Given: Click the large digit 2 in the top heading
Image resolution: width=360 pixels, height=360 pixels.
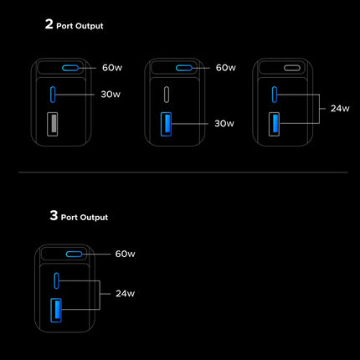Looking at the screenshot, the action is point(49,23).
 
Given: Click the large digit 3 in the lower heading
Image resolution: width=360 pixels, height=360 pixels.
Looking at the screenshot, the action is point(54,215).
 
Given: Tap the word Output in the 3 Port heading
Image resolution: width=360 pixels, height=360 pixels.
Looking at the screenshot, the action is point(92,218).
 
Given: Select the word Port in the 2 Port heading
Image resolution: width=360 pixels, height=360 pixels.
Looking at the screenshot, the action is point(64,26).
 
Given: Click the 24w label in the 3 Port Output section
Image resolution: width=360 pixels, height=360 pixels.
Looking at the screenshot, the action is point(125,294).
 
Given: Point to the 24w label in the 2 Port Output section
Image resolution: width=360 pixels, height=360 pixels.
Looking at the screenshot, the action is point(340,108).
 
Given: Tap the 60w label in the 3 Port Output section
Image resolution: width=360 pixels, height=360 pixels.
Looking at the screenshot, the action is point(125,254).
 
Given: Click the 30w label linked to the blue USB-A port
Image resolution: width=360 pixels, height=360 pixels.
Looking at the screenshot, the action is point(224,123).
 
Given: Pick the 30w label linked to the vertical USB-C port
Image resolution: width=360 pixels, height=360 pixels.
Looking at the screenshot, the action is point(111,95).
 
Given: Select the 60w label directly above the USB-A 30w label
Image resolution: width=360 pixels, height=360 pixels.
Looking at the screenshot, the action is point(226,68).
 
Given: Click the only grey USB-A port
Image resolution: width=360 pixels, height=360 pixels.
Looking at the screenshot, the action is point(53,124).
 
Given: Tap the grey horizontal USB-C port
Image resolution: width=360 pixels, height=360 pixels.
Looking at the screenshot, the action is point(292,68).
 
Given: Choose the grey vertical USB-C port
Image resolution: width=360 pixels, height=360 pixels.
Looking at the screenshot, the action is point(167,95).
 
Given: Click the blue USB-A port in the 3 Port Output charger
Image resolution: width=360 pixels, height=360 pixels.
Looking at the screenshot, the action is point(56,311).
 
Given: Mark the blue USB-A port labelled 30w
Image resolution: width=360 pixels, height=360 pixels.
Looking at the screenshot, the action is point(166,124).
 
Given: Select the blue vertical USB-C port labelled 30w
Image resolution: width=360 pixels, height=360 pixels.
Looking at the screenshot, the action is point(53,95).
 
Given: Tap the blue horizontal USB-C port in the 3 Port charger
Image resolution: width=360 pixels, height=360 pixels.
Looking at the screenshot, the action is point(74,254).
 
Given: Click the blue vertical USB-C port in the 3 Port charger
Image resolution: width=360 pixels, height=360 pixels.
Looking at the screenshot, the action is point(57,280).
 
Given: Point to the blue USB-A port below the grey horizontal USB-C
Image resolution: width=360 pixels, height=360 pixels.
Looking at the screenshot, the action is point(274,124).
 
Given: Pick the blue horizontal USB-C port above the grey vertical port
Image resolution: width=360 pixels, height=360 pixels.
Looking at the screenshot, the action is point(184,68).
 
